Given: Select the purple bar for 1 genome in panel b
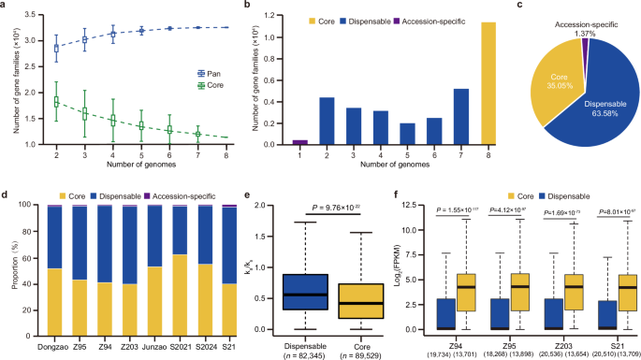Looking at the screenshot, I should click(x=274, y=141).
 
